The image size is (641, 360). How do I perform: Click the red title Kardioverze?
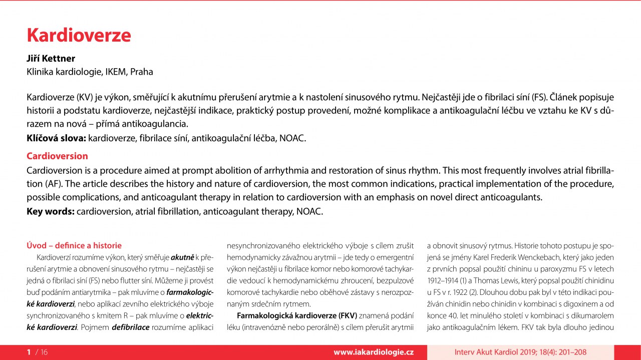click(79, 36)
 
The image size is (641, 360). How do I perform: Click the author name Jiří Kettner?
click(51, 59)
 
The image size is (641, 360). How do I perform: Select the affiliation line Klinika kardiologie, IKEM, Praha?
click(90, 72)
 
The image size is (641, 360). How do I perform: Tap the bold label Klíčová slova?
click(56, 138)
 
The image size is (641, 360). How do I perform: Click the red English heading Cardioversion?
click(57, 156)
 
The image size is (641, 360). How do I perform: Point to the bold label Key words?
click(50, 211)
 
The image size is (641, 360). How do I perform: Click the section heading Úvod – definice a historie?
click(74, 245)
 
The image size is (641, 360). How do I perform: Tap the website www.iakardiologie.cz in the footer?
click(374, 352)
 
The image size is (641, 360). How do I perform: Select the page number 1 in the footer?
click(29, 352)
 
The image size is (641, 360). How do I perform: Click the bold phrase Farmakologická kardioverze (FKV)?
click(296, 315)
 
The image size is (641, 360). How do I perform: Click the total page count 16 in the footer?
click(44, 352)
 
